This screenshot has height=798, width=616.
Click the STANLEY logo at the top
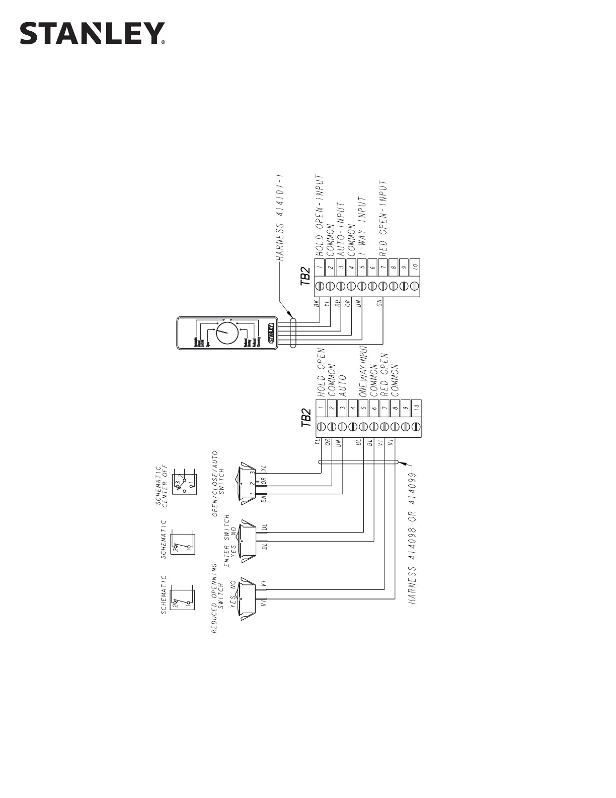[x=92, y=33]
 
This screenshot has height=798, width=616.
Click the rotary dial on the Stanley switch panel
[x=227, y=333]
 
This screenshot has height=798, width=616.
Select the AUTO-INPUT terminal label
[x=341, y=229]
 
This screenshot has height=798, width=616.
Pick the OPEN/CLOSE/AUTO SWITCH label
[x=220, y=484]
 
